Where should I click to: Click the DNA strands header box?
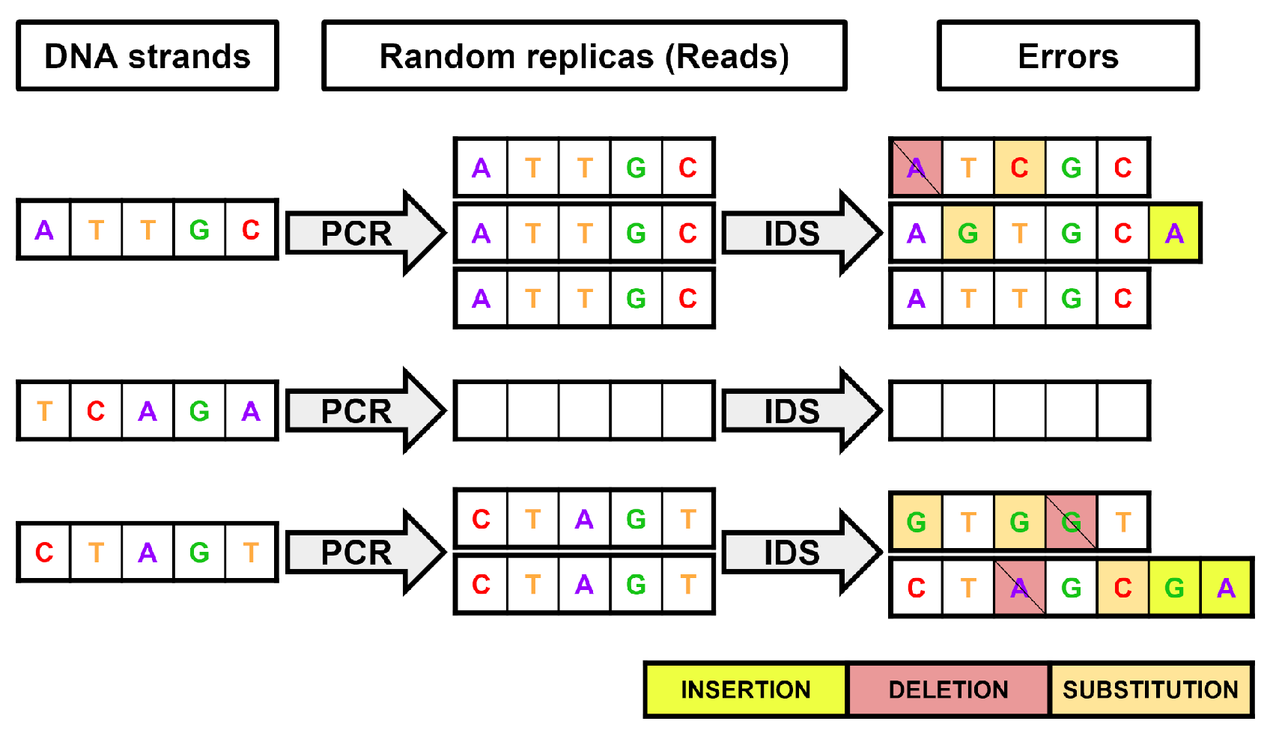[x=148, y=56]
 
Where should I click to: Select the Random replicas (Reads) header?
[x=584, y=56]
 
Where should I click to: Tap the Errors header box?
[x=1068, y=56]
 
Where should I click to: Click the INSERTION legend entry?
[x=746, y=689]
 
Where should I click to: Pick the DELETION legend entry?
[x=948, y=689]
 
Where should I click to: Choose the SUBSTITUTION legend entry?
[x=1150, y=689]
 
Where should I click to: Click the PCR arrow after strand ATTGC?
[x=359, y=233]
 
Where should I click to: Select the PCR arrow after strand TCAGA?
[x=359, y=411]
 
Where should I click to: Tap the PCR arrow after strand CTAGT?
[x=359, y=553]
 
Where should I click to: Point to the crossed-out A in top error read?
[x=916, y=168]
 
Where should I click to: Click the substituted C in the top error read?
[x=1019, y=168]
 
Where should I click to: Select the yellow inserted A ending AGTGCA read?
[x=1174, y=234]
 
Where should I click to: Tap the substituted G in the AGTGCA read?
[x=967, y=234]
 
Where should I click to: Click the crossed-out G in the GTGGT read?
[x=1071, y=522]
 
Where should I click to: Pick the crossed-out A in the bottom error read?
[x=1019, y=588]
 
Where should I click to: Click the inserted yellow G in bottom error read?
[x=1174, y=588]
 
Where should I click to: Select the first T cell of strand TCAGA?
[x=44, y=411]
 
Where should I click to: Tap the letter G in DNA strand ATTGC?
[x=199, y=230]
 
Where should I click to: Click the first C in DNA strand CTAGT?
[x=44, y=553]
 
